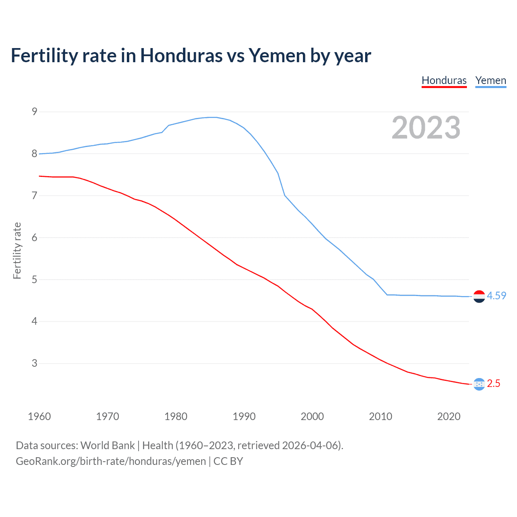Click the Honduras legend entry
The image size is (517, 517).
point(444,80)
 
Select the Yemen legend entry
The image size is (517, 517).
point(490,80)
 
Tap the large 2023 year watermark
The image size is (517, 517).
point(426,128)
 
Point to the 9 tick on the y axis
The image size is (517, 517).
point(34,111)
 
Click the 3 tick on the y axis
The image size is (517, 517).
point(34,363)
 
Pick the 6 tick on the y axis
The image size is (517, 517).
point(34,237)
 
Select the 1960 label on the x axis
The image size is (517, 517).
point(39,416)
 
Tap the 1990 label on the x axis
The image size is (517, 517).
point(244,416)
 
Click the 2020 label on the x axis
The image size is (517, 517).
point(449,416)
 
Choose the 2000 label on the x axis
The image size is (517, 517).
point(312,416)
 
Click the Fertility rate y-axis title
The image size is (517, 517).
point(17,250)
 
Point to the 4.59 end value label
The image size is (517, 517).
point(496,296)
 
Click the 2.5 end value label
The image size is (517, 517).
point(494,383)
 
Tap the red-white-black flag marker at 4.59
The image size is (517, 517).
point(479,296)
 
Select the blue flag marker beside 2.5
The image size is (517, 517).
point(479,384)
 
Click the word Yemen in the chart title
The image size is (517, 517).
point(277,56)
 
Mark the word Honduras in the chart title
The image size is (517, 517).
point(181,56)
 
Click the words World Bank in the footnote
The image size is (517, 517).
point(107,445)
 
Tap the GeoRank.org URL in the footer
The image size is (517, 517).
point(111,461)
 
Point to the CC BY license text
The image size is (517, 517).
point(228,461)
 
